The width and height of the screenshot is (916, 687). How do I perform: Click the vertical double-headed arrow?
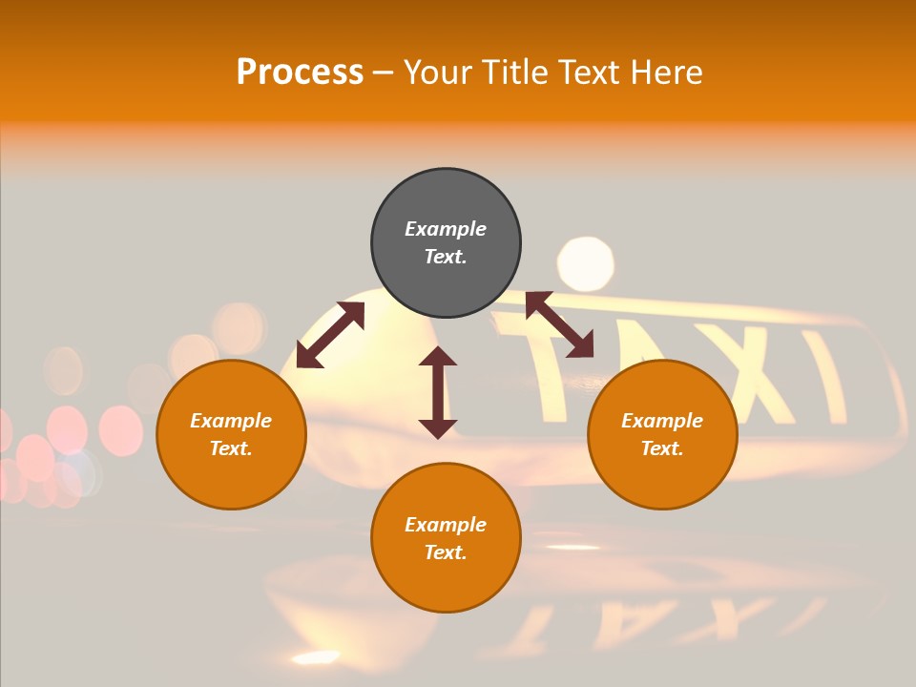[x=438, y=392]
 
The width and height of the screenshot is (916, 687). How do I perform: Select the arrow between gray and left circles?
[x=330, y=335]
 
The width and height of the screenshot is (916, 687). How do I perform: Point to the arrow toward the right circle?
[x=559, y=324]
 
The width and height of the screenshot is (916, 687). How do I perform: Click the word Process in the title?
[x=300, y=72]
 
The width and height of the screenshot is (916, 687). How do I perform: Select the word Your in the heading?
[x=439, y=72]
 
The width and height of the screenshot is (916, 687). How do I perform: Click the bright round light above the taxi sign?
[x=585, y=263]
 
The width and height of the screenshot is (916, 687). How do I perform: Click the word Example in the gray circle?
[x=446, y=229]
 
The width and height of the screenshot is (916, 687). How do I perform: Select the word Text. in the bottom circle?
[x=446, y=552]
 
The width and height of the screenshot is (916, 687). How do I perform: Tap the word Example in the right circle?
[x=662, y=421]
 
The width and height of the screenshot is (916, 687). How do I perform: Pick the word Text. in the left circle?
[x=231, y=448]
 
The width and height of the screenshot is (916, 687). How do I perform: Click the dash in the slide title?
[x=383, y=73]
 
